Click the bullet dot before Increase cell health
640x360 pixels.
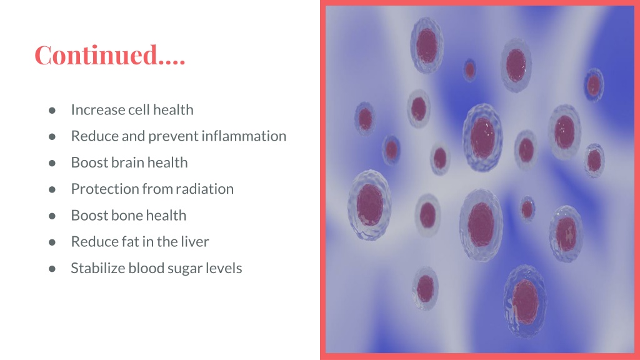(x=52, y=110)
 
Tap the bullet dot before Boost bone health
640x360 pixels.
(x=52, y=216)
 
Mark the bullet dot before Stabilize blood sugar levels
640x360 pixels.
(x=52, y=269)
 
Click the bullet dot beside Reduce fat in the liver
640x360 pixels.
(x=52, y=242)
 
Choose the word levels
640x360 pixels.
(x=224, y=268)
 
